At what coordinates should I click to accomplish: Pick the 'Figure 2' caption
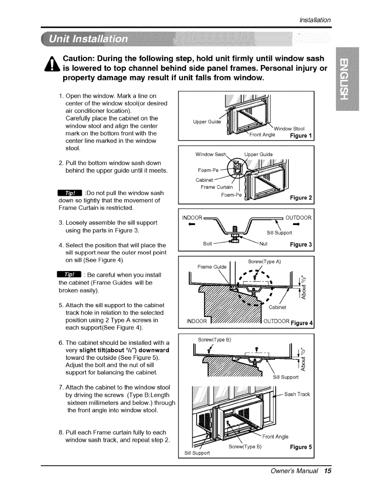click(x=301, y=198)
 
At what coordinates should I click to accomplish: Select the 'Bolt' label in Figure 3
click(x=208, y=243)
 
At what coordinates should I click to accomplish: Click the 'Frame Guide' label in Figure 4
click(x=212, y=267)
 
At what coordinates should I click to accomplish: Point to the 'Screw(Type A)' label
click(x=264, y=262)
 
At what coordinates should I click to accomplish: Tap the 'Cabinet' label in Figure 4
click(x=277, y=308)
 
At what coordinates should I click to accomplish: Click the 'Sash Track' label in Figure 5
click(x=297, y=394)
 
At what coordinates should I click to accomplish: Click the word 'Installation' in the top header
click(x=314, y=20)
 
